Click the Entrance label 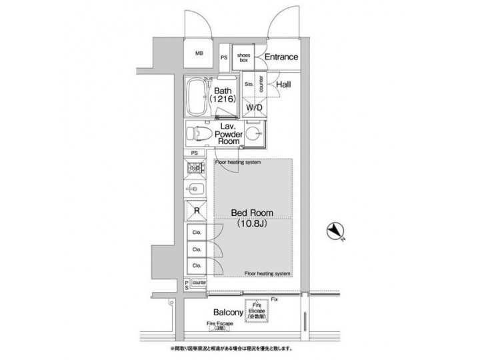281,57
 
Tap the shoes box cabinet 244,57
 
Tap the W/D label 254,107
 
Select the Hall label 283,85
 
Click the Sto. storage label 248,85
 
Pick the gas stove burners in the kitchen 196,169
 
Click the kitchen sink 197,189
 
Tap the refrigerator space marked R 197,212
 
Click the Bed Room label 252,213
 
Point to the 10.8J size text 252,225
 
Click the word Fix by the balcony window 274,299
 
